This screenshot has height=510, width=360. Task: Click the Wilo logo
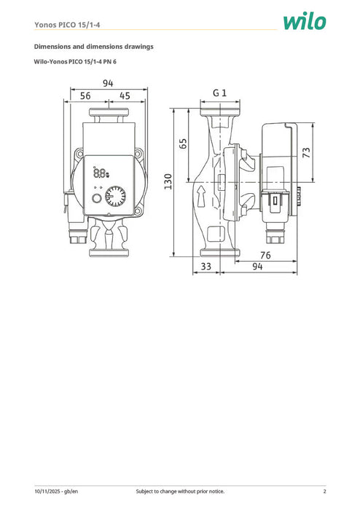305,22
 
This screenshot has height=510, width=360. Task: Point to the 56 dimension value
85,96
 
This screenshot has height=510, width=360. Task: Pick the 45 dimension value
125,96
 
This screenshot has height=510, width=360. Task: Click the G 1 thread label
220,93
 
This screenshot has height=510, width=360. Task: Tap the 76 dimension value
265,256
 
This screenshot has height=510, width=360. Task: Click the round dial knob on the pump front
114,197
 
